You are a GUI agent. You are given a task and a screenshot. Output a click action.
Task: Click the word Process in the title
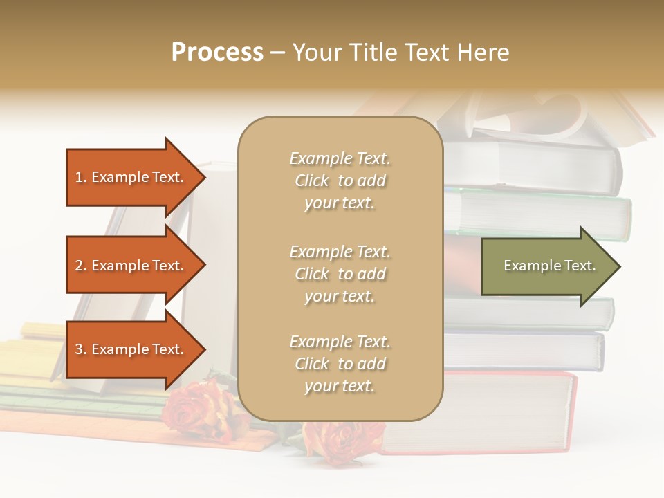pyautogui.click(x=217, y=53)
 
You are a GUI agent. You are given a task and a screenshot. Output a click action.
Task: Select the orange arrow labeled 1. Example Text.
pyautogui.click(x=131, y=177)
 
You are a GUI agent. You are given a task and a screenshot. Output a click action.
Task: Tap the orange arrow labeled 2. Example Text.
pyautogui.click(x=131, y=266)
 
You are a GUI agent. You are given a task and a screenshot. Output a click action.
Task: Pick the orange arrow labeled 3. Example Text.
pyautogui.click(x=131, y=349)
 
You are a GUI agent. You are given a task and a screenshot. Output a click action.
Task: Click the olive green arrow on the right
pyautogui.click(x=546, y=266)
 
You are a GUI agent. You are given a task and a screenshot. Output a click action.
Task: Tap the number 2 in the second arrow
pyautogui.click(x=79, y=266)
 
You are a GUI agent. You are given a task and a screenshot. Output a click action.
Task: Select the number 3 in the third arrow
pyautogui.click(x=79, y=349)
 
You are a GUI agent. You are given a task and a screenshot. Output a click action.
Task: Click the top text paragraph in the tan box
pyautogui.click(x=340, y=181)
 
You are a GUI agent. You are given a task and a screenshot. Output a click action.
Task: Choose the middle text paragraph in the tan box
pyautogui.click(x=340, y=274)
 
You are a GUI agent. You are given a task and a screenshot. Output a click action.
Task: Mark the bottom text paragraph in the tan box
pyautogui.click(x=340, y=364)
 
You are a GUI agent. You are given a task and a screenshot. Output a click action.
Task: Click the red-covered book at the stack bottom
pyautogui.click(x=484, y=412)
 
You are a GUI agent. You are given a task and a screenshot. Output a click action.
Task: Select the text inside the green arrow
pyautogui.click(x=549, y=266)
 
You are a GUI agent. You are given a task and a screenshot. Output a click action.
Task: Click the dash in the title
pyautogui.click(x=277, y=53)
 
